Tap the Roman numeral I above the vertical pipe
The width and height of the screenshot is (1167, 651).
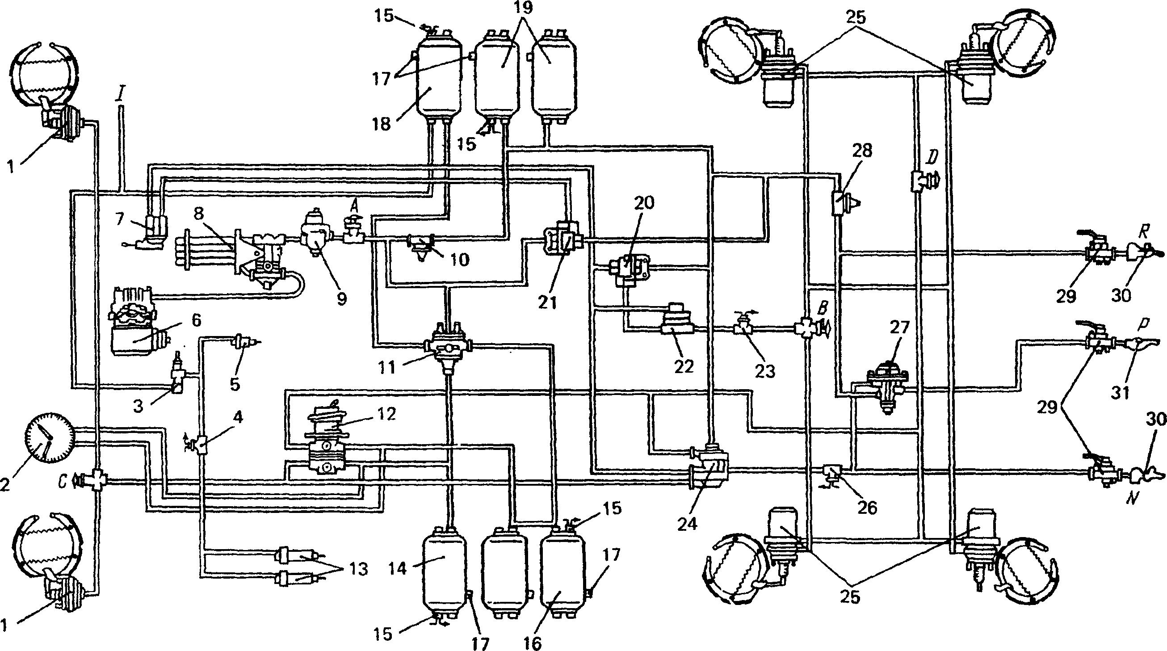click(120, 97)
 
